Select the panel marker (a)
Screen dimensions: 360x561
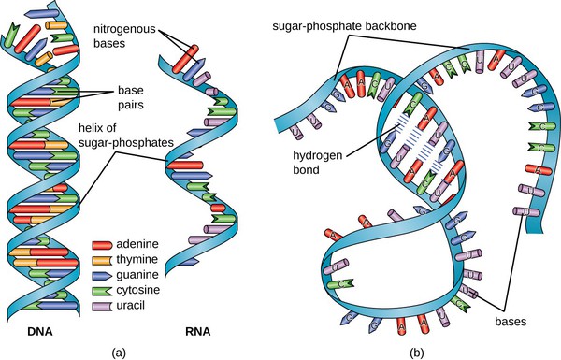point(119,353)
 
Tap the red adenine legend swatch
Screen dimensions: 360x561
point(106,244)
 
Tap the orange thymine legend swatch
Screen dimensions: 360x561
point(106,259)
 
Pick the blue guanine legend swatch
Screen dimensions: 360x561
point(106,275)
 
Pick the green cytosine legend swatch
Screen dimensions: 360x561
point(106,290)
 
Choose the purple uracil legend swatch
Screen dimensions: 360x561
point(106,305)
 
